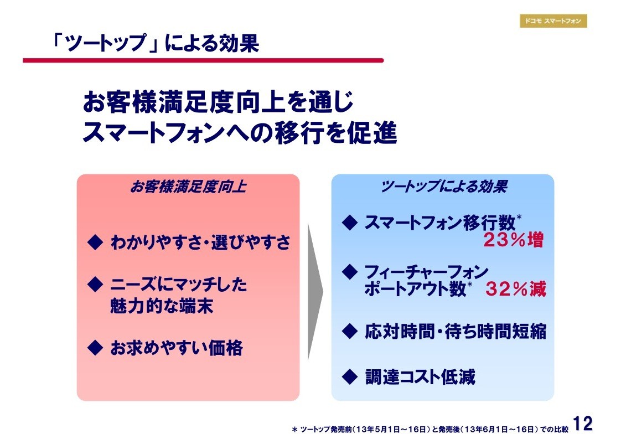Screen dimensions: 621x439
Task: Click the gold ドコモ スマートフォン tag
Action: [553, 21]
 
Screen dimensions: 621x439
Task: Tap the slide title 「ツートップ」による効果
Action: [156, 43]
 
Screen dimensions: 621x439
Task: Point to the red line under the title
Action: [203, 61]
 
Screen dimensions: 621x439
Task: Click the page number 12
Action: [583, 423]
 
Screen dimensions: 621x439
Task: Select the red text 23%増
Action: [514, 240]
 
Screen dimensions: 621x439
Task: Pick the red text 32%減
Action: [516, 289]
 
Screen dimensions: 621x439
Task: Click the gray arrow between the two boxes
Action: [315, 292]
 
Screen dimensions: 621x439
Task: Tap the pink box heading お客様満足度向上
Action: [188, 187]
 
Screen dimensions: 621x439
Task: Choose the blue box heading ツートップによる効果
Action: [443, 187]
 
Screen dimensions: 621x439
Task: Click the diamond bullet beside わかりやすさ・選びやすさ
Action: [95, 242]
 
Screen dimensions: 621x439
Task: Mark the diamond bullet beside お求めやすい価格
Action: [95, 348]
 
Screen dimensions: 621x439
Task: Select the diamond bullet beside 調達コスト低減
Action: [350, 377]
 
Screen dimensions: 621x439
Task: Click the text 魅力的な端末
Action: [162, 306]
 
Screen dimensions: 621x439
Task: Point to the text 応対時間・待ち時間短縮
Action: [456, 331]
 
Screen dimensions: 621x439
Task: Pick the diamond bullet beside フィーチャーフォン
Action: [350, 272]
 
